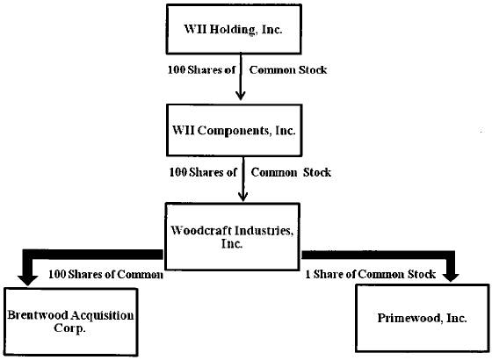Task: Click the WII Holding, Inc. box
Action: pyautogui.click(x=234, y=29)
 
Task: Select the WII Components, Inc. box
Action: pyautogui.click(x=234, y=130)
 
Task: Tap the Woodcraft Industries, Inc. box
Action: pyautogui.click(x=232, y=237)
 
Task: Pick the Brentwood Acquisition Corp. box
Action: pyautogui.click(x=71, y=322)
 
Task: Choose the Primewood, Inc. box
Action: pyautogui.click(x=423, y=318)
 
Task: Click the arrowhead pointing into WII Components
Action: pyautogui.click(x=241, y=96)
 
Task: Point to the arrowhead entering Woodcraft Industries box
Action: pyautogui.click(x=242, y=197)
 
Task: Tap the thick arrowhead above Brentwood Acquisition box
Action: pyautogui.click(x=27, y=280)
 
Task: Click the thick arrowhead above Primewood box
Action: pyautogui.click(x=451, y=277)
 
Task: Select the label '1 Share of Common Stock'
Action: pyautogui.click(x=371, y=274)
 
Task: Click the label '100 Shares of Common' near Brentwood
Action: pyautogui.click(x=105, y=274)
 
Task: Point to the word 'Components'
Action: pyautogui.click(x=234, y=131)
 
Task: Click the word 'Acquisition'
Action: pyautogui.click(x=102, y=315)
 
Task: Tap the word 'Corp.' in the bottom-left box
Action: pyautogui.click(x=69, y=328)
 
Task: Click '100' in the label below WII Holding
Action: pyautogui.click(x=177, y=69)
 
